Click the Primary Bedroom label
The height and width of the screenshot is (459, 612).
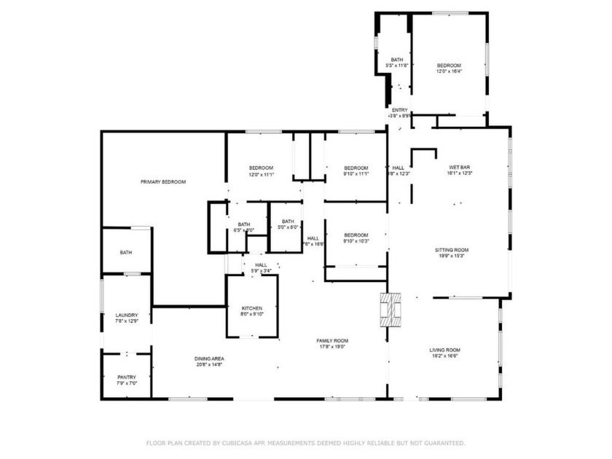tap(163, 181)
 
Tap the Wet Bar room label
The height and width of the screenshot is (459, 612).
tap(460, 170)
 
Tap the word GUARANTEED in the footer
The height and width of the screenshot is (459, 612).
tap(440, 442)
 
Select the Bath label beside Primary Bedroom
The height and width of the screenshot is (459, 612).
tap(126, 252)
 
